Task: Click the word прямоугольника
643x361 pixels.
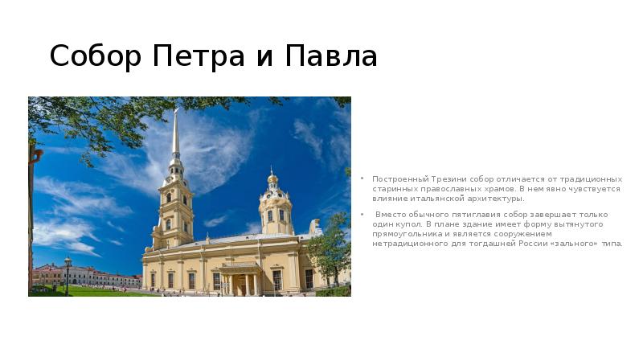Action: click(x=408, y=234)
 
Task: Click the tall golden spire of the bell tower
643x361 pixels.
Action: click(x=175, y=133)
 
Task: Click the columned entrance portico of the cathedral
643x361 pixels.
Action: click(x=240, y=277)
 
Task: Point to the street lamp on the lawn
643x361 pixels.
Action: click(x=68, y=273)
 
